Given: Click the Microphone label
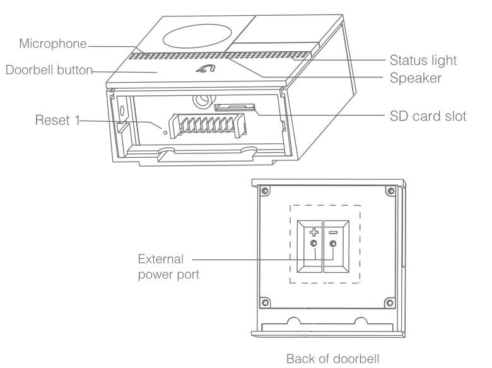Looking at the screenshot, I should (54, 45).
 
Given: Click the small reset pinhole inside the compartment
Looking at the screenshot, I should (166, 133).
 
